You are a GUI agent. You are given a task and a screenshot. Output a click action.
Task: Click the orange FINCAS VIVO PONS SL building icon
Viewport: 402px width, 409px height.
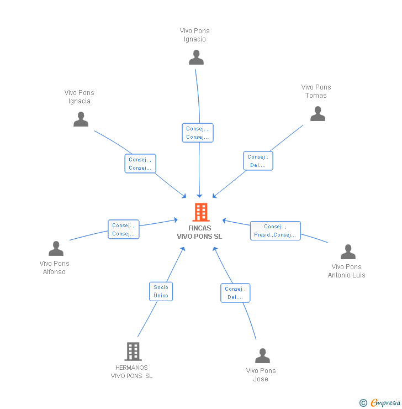click(200, 212)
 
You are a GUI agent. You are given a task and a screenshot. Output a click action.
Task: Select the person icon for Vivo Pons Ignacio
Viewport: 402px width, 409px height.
click(196, 57)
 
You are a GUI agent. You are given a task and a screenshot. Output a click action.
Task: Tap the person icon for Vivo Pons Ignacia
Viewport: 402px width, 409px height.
click(81, 119)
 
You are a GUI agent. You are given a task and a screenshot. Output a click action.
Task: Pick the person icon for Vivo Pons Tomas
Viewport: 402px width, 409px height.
click(318, 114)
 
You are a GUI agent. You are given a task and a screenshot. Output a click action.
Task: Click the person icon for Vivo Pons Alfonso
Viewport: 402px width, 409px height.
click(56, 249)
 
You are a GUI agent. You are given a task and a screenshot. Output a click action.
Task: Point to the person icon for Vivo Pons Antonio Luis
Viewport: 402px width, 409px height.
click(348, 252)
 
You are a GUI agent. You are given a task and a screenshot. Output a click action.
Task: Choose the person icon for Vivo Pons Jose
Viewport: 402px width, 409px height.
click(262, 356)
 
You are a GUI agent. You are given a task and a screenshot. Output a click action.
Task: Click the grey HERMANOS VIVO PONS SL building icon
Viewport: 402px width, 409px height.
click(133, 352)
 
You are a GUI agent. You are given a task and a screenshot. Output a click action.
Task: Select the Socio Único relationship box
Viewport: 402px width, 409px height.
click(161, 291)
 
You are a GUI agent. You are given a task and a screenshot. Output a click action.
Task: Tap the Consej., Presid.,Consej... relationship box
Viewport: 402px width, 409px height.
click(275, 230)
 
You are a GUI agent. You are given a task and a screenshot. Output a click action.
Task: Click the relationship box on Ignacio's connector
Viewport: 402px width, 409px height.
click(197, 133)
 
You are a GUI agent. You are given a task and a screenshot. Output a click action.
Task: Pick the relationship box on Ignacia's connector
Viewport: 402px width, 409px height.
click(140, 164)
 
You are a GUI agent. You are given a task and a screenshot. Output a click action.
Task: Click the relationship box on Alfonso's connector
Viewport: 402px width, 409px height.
click(123, 229)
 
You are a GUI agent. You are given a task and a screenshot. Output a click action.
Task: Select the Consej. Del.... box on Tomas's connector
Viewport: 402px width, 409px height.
click(258, 161)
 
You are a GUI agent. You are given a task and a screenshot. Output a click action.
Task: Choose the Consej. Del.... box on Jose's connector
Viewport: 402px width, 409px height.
click(235, 293)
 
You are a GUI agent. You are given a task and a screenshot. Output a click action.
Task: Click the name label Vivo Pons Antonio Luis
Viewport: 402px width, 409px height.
click(346, 271)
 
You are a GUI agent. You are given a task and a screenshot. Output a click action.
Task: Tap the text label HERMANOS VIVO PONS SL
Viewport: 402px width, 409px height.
click(131, 371)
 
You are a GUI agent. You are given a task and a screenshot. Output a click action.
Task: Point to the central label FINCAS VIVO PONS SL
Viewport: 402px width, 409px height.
click(199, 232)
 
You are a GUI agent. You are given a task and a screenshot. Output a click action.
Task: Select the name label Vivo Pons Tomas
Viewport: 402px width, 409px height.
click(316, 91)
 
